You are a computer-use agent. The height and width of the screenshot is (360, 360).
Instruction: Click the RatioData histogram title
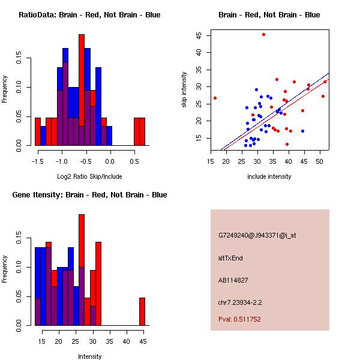89,15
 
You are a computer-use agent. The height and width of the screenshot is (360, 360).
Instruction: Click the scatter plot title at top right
269,15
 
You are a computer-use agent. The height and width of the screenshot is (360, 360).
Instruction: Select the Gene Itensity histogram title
89,195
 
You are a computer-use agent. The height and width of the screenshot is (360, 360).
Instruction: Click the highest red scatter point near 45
263,34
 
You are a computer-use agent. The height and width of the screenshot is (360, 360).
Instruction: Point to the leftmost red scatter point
215,98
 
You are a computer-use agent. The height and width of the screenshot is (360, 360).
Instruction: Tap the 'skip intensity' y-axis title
185,89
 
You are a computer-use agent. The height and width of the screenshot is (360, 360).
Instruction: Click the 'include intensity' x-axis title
269,176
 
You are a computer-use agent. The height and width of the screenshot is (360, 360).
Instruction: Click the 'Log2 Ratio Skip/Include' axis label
89,176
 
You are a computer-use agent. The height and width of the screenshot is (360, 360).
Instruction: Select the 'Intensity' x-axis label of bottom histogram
89,356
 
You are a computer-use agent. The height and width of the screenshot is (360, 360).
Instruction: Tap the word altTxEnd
230,257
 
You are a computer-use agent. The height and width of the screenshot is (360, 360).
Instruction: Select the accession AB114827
233,280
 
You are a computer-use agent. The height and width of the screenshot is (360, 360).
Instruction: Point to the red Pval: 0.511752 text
239,319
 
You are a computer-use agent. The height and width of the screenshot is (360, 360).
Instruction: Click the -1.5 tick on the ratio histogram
38,161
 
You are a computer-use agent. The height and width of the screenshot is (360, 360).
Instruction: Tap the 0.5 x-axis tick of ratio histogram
134,161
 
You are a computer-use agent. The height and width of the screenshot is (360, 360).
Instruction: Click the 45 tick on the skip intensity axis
199,35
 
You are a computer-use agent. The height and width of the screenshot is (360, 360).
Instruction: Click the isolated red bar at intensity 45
142,311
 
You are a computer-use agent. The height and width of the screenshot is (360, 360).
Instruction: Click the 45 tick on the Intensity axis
143,341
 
